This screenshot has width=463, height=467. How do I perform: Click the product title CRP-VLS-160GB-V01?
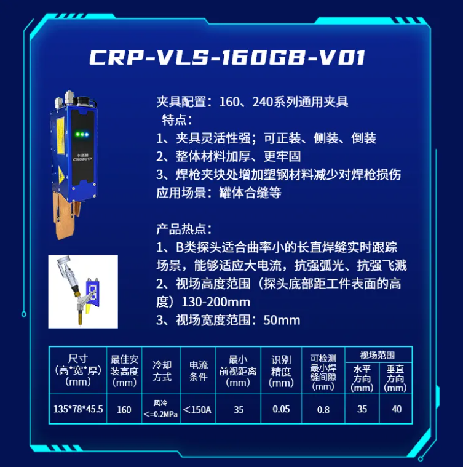pos(228,57)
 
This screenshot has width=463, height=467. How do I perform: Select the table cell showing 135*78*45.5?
pos(78,409)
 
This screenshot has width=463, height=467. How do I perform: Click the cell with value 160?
pos(124,410)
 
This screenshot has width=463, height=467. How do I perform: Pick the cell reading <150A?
pos(197,410)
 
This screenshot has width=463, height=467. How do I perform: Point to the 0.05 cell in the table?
pos(281,409)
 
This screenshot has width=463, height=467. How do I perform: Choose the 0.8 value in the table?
pos(323,410)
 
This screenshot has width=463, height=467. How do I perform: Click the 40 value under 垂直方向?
pos(397,409)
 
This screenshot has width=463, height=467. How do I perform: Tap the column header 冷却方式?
pos(162,371)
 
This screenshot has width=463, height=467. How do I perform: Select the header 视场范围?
pos(378,355)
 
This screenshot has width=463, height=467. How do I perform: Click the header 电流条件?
pos(199,371)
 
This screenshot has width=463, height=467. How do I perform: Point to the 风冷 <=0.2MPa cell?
pos(160,409)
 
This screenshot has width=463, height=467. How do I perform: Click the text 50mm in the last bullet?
pos(282,320)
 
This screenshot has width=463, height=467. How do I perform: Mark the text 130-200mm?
pos(216,302)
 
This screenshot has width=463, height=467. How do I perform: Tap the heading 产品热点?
pos(184,229)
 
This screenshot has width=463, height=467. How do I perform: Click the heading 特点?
pos(177,120)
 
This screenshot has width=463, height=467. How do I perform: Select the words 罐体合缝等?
pos(250,193)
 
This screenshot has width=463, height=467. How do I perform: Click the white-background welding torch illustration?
pos(83,292)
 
